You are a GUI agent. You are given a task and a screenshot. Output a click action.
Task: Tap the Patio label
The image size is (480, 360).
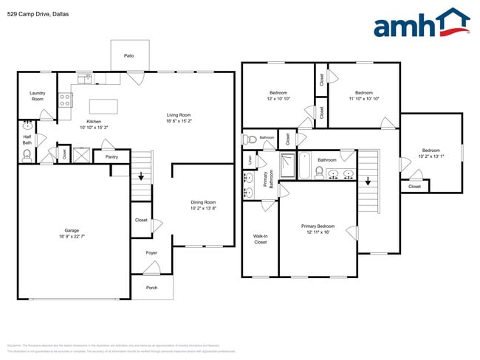129,55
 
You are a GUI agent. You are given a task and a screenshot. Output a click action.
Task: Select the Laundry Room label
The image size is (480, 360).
37,96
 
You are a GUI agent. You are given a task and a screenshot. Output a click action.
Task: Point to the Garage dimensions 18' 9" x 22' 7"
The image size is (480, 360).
72,235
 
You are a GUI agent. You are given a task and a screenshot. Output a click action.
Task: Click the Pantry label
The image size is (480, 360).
112,156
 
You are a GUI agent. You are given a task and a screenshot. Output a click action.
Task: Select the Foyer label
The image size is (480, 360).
151,253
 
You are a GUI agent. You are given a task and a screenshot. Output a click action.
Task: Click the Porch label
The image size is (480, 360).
151,288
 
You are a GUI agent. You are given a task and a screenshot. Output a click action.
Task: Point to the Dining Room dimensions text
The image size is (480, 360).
203,209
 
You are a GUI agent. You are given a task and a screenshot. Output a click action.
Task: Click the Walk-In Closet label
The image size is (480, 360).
260,239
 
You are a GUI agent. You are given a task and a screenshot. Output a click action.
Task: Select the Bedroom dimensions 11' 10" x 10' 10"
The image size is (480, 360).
363,98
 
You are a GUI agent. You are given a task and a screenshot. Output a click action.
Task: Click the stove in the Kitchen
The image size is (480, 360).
65,99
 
